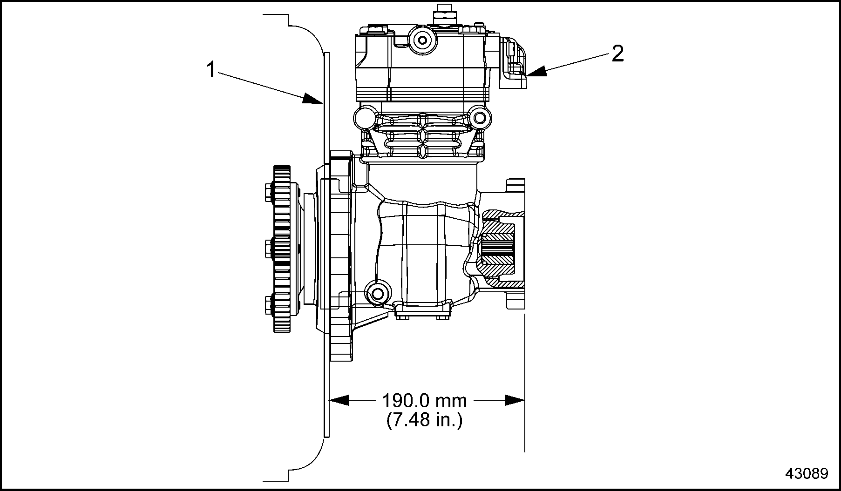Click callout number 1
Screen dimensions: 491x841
(x=211, y=70)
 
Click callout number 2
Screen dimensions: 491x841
(x=617, y=54)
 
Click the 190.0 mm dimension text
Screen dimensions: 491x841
(x=424, y=401)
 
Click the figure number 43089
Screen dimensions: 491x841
(x=807, y=474)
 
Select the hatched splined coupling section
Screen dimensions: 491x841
(x=498, y=249)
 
